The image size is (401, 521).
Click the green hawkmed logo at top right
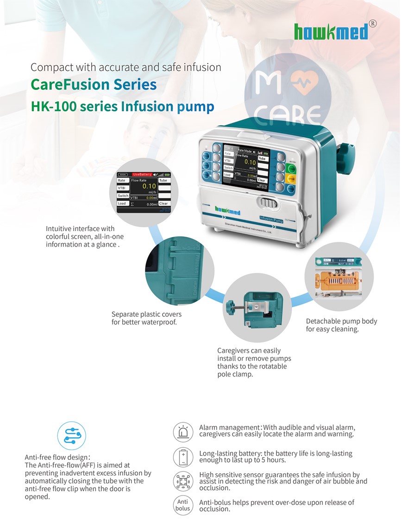pos(331,31)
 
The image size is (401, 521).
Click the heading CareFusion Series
pos(94,85)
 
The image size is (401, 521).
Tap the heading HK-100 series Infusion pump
pos(122,107)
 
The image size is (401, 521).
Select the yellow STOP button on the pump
pos(291,178)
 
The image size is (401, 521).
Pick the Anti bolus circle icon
pos(183,505)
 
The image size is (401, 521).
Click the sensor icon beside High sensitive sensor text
pos(183,482)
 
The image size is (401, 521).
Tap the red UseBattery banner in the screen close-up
pos(145,174)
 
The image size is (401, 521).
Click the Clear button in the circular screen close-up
pos(164,203)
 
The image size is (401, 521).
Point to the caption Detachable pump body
pos(341,321)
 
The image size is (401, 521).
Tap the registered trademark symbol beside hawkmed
pos(373,24)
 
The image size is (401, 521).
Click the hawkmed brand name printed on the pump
pos(227,211)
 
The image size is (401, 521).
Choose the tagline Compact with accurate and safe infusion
pos(126,67)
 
